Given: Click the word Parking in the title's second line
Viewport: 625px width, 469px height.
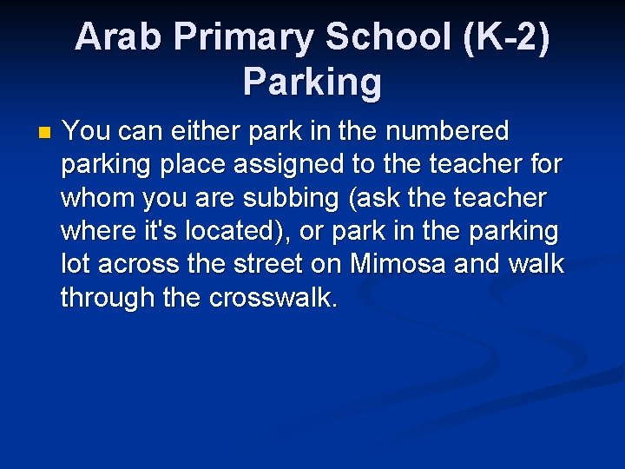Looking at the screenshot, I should pos(312,82).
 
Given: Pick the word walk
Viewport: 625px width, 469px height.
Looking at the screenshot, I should pos(536,264).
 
